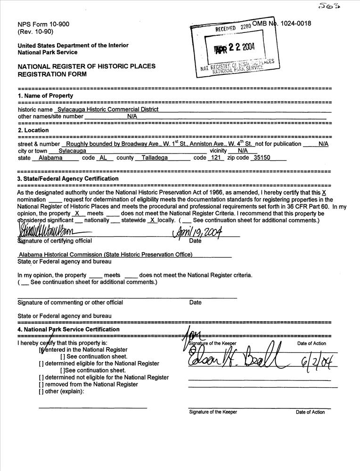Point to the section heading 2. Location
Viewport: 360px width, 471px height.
[34, 130]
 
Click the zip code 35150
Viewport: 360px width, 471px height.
[262, 158]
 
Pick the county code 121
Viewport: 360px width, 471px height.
[216, 158]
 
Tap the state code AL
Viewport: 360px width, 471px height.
[103, 158]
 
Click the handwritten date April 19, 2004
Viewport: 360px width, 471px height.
[198, 232]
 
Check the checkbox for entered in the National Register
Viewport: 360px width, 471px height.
[42, 350]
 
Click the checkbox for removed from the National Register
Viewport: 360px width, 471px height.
[41, 384]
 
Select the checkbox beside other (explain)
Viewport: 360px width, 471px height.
[41, 391]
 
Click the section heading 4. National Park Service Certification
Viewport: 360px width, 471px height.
[68, 329]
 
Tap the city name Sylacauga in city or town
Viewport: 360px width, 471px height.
[72, 151]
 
